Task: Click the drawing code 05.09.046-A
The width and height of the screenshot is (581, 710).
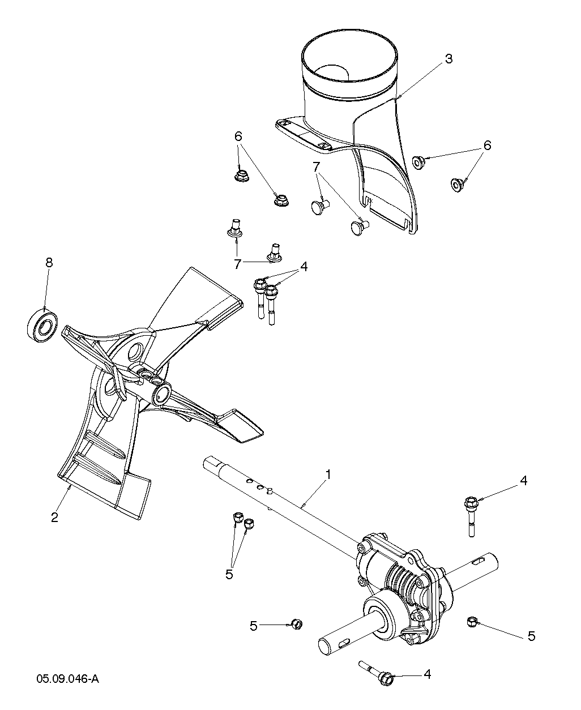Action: [68, 679]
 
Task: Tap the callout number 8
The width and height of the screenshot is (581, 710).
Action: [49, 262]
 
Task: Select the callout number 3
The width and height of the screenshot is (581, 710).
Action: [448, 59]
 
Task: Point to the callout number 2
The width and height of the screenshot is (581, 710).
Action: [54, 517]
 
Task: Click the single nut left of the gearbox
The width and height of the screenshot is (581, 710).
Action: [296, 624]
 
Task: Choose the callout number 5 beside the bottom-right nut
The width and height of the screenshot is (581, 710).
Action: [531, 636]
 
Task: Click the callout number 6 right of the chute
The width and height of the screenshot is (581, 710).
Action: [486, 146]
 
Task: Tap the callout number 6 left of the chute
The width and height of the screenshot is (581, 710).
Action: [238, 136]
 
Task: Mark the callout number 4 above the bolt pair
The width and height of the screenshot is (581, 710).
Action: [304, 267]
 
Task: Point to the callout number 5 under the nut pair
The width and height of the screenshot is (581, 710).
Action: [229, 574]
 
